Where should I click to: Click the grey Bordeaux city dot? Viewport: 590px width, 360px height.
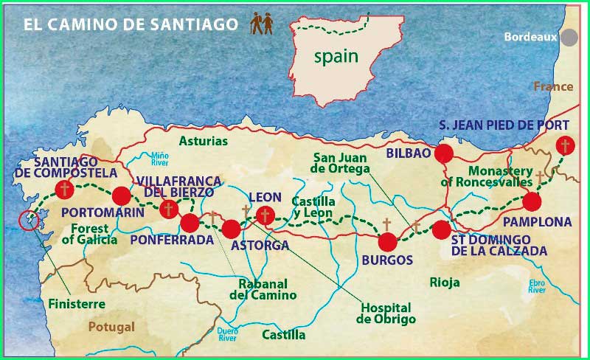click(569, 37)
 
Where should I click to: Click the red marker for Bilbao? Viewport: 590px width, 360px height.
click(443, 153)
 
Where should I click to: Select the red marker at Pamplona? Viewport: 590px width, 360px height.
click(532, 201)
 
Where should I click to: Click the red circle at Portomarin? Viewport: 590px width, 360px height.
click(122, 195)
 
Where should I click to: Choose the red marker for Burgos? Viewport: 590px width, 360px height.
click(387, 241)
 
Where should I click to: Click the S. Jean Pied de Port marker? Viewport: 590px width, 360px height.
click(566, 145)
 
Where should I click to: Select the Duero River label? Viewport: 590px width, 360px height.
click(227, 336)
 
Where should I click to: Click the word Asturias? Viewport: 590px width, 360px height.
click(204, 141)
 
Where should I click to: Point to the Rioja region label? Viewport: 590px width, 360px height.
click(445, 283)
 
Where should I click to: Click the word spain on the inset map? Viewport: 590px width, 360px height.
click(336, 56)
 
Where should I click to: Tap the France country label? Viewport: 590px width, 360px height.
click(553, 86)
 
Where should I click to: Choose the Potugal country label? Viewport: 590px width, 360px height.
click(111, 327)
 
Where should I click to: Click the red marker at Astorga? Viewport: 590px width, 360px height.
click(232, 229)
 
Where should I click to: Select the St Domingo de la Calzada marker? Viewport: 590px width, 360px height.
click(440, 229)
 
